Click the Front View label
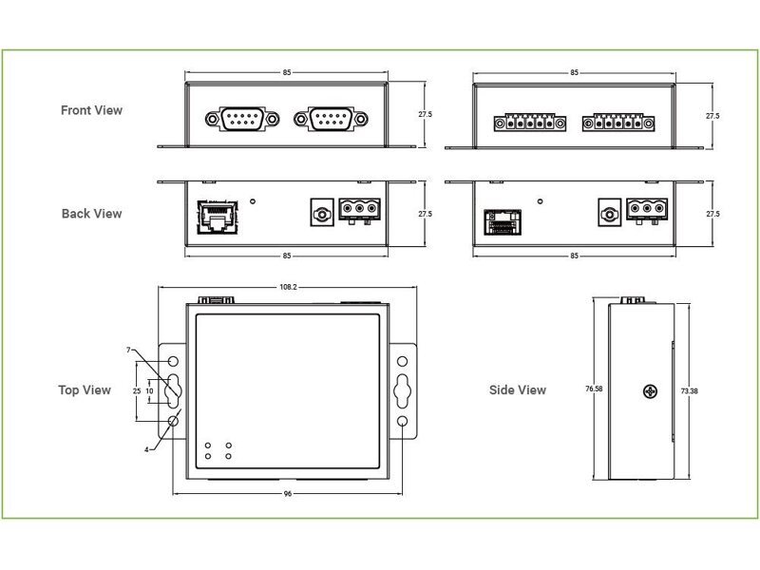tap(91, 110)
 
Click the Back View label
tap(91, 214)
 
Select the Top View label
tap(85, 389)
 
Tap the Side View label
tap(518, 389)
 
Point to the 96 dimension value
tap(287, 494)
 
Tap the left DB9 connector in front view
tap(241, 120)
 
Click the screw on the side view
tap(651, 390)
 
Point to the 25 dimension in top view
tap(137, 390)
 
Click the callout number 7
tap(128, 351)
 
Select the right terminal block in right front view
tap(619, 123)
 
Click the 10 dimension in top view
tap(150, 390)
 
